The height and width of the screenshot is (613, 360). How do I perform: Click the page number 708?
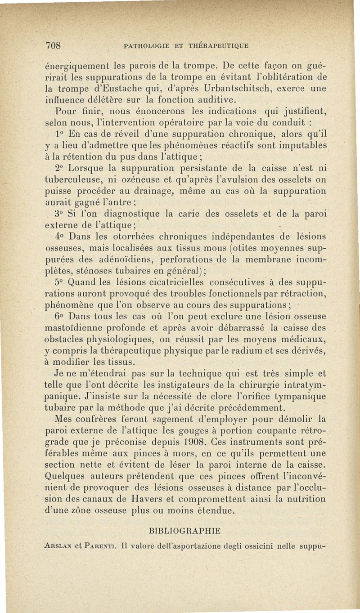[56, 45]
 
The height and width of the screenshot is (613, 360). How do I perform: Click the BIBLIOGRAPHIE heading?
[186, 531]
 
